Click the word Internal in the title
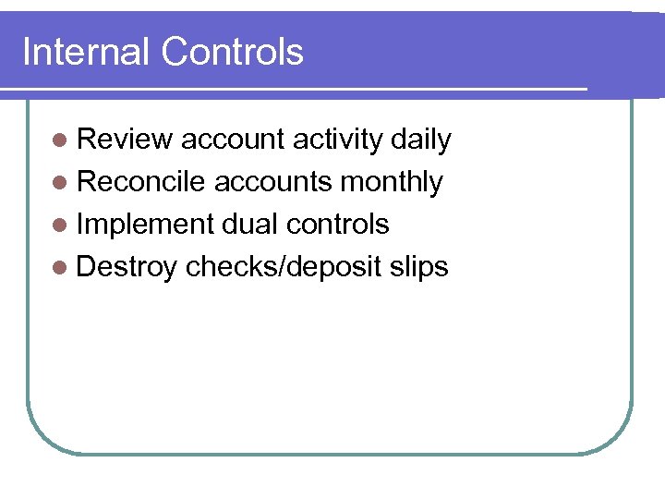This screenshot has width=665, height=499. point(87,52)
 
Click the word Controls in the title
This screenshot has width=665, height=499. point(232,52)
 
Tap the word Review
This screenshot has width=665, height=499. point(125,140)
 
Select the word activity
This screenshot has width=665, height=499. point(337,140)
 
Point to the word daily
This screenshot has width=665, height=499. point(421,140)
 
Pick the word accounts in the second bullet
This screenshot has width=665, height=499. point(273,182)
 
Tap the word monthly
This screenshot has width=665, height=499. point(392,182)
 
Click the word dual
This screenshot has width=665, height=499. point(250,225)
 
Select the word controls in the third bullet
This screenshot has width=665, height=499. point(338,225)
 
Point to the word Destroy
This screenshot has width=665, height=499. point(127,267)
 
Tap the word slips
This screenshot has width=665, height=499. point(418,267)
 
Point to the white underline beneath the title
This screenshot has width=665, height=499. point(296,90)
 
